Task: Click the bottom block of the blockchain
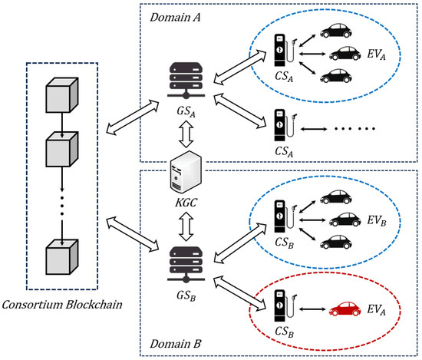click(x=64, y=255)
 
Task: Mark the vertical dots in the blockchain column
click(x=64, y=203)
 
